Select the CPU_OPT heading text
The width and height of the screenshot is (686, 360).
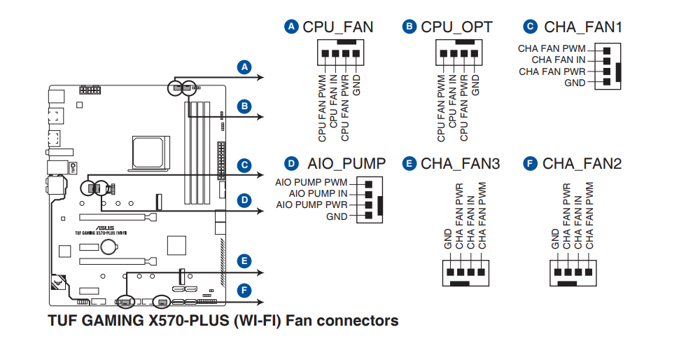[x=456, y=27]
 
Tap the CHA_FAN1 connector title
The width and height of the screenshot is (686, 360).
[x=582, y=27]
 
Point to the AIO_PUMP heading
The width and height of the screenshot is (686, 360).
[x=346, y=164]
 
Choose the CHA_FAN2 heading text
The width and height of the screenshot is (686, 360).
[x=582, y=164]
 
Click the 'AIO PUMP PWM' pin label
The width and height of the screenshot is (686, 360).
[x=311, y=182]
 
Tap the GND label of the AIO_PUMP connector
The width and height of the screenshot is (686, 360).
[x=337, y=217]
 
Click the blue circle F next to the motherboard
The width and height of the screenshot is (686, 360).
[x=244, y=289]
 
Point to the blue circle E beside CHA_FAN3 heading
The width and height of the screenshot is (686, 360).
[x=409, y=164]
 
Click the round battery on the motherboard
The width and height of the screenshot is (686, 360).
[x=108, y=247]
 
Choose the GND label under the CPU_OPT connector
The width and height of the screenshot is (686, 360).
[x=476, y=85]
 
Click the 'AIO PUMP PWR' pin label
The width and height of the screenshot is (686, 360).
[x=311, y=205]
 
